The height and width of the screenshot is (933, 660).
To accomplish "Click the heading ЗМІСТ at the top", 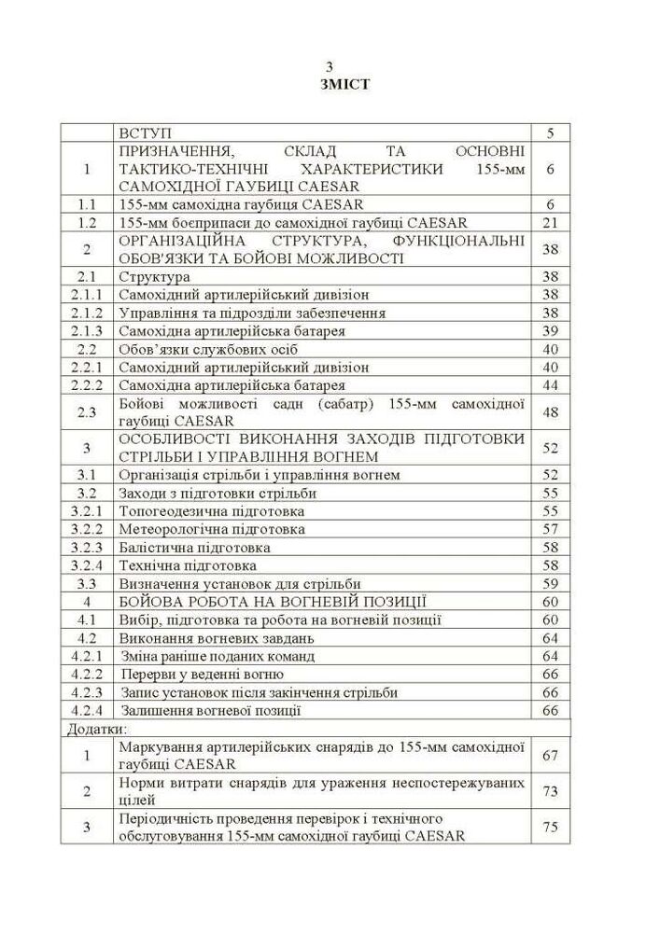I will [x=330, y=84].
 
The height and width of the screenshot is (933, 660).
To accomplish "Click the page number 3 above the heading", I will [x=330, y=67].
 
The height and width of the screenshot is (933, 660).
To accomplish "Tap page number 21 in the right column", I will [x=550, y=222].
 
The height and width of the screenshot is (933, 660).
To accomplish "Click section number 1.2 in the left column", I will [x=87, y=222].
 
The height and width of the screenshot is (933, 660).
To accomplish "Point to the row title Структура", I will [x=155, y=276].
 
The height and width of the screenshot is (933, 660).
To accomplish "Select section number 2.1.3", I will [x=87, y=331].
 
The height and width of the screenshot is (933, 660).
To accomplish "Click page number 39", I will [x=550, y=331].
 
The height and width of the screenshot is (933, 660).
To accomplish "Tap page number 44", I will [x=550, y=385].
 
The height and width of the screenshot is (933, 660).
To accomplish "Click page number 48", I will [x=550, y=411].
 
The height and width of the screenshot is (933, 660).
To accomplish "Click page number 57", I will [x=550, y=529].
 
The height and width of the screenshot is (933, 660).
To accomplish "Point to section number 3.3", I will [x=87, y=583].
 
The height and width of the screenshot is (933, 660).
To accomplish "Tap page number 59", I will [x=550, y=583].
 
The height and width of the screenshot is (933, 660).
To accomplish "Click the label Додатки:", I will [x=97, y=729].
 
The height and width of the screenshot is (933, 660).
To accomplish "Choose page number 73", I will [x=550, y=791].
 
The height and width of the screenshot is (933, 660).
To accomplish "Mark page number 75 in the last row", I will [x=550, y=827].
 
